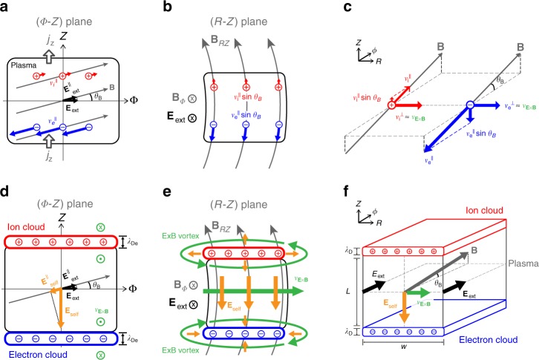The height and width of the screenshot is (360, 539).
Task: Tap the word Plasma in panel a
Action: point(26,64)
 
